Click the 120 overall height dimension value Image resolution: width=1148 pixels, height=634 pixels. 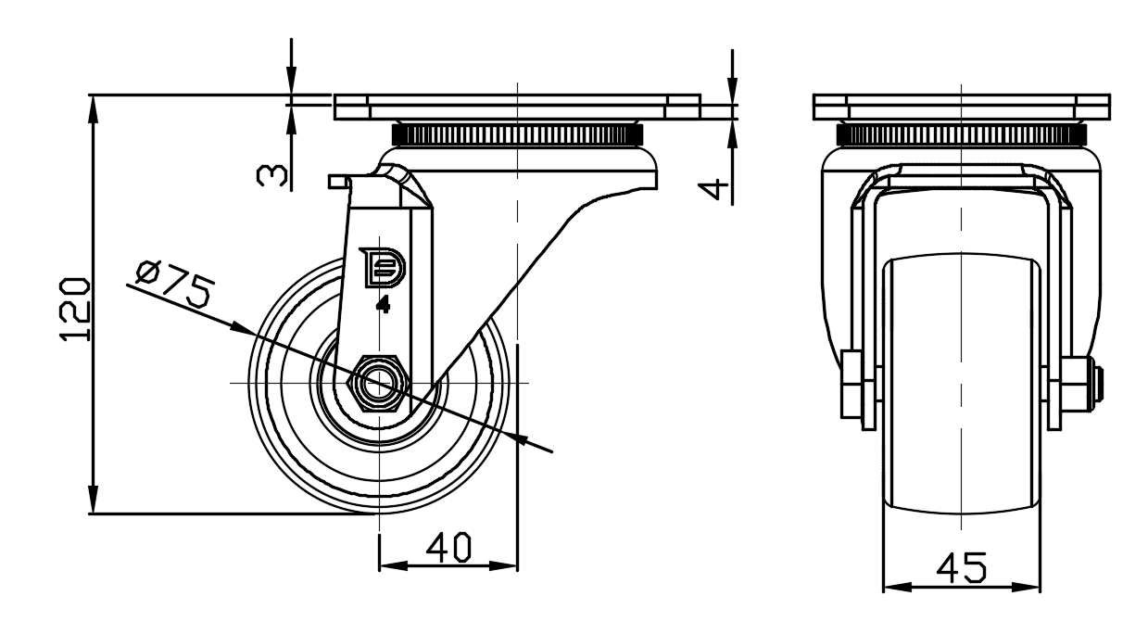(75, 309)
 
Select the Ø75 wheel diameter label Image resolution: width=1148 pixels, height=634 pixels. (174, 284)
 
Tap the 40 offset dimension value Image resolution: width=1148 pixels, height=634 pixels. (448, 547)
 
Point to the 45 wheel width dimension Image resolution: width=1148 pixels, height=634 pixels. (961, 568)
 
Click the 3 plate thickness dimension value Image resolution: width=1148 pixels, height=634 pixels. (271, 175)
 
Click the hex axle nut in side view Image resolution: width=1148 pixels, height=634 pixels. (379, 383)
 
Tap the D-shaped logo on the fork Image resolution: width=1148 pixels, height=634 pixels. (383, 268)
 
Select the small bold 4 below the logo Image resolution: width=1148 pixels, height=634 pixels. (383, 306)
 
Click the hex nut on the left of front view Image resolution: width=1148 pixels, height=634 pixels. (852, 385)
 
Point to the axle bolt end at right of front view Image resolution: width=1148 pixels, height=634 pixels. (1099, 384)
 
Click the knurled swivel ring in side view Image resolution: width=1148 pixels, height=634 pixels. (518, 134)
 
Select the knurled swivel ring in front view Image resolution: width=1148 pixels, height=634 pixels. (962, 134)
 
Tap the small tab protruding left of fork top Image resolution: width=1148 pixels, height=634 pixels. (338, 182)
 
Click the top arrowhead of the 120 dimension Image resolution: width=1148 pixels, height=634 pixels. (93, 108)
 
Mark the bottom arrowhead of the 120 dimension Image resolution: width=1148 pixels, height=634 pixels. (93, 500)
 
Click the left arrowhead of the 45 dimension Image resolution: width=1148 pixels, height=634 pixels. (898, 587)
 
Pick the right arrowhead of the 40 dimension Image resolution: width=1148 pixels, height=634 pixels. (503, 565)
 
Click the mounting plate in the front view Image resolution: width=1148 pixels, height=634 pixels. (962, 108)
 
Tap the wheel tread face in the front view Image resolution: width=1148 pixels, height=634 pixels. (962, 384)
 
